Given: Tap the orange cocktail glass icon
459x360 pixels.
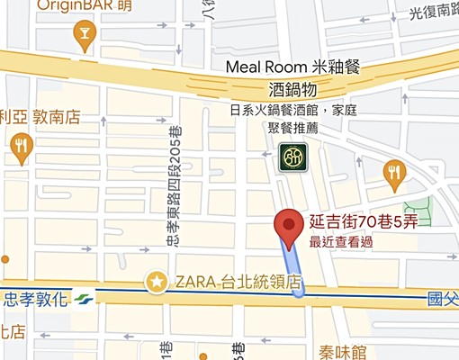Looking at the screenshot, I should pos(85,36).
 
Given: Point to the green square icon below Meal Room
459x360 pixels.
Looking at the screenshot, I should pos(291,157).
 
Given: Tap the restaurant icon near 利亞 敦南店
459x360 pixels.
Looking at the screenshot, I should pos(21,145).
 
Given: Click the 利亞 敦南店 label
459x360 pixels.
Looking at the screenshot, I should pos(40,116).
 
